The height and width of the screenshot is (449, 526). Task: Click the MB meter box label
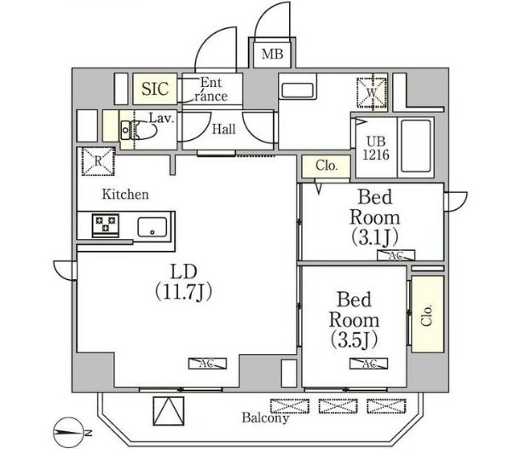click(272, 54)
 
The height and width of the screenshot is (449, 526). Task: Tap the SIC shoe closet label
click(155, 89)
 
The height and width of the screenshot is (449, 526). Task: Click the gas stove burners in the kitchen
click(106, 224)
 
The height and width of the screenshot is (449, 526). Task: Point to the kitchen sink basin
click(153, 227)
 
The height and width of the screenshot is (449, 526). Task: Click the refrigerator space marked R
click(98, 161)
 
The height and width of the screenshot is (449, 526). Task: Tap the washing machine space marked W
click(372, 93)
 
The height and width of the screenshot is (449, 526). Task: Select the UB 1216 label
click(376, 148)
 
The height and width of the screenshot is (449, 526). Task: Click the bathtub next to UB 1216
click(416, 146)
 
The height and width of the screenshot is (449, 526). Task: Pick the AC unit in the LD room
click(207, 364)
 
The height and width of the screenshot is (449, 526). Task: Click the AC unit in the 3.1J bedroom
click(396, 255)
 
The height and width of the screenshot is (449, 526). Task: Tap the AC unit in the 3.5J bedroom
click(368, 364)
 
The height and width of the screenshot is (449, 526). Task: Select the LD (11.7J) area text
click(184, 282)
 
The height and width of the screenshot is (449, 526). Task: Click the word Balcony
click(265, 417)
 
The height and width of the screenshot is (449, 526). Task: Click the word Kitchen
click(125, 194)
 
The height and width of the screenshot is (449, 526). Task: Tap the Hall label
click(223, 129)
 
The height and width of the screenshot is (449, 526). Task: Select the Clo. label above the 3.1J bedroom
click(327, 166)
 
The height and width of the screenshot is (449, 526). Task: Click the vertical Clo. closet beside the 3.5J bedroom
click(427, 314)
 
